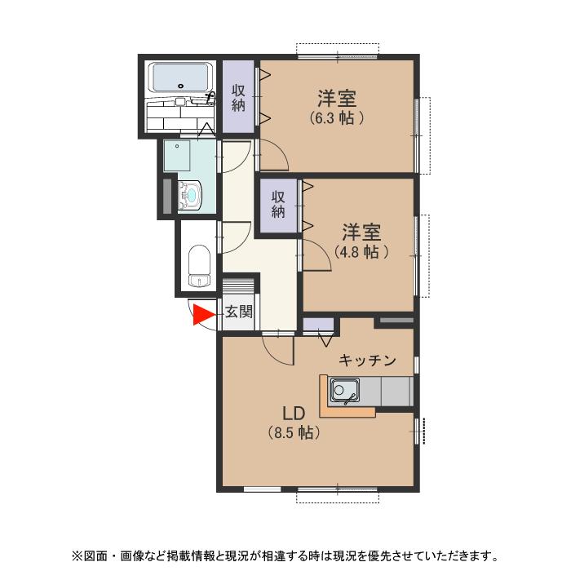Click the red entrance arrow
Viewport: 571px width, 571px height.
click(x=201, y=315)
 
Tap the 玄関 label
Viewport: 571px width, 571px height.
click(x=239, y=312)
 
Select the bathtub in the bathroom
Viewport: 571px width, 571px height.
click(x=179, y=78)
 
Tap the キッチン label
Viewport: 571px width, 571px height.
click(x=367, y=360)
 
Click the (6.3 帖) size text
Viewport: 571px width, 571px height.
click(x=336, y=117)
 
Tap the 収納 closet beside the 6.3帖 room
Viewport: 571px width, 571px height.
click(x=239, y=97)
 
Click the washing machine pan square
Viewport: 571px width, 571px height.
click(x=177, y=155)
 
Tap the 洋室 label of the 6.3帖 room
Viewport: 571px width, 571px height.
click(x=336, y=100)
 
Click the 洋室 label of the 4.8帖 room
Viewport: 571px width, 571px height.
click(x=360, y=232)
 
